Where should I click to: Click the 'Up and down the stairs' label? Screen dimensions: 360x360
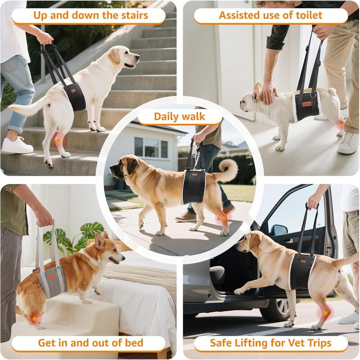[x=90, y=15]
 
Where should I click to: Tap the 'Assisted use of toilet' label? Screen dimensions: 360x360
[x=270, y=15]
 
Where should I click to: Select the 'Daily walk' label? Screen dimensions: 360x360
[x=180, y=117]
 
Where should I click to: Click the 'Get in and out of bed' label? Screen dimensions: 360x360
[x=90, y=343]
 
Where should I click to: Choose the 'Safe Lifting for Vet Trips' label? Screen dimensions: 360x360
[x=270, y=343]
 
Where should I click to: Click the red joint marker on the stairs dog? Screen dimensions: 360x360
[x=58, y=141]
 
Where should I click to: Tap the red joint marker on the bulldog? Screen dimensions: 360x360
[x=341, y=124]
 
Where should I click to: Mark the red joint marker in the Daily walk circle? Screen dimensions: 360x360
[x=223, y=218]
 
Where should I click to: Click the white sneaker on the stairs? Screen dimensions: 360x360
[x=17, y=146]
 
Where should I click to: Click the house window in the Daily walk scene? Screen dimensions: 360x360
[x=150, y=147]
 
